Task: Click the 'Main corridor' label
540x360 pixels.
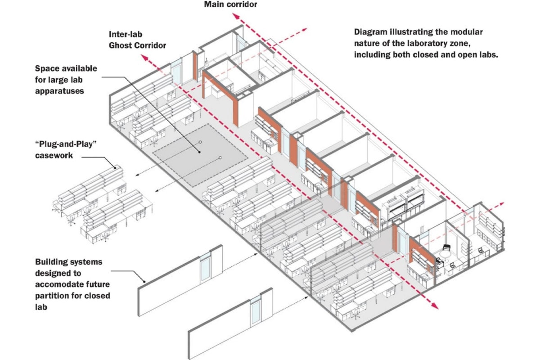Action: (230, 4)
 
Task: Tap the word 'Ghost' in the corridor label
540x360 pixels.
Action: (120, 45)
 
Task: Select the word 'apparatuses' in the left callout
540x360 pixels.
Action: (59, 91)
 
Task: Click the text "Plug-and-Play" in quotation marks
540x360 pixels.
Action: (66, 144)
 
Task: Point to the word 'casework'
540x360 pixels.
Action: (54, 156)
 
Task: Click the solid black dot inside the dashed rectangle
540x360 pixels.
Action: (200, 152)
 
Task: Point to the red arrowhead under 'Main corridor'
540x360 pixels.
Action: (236, 17)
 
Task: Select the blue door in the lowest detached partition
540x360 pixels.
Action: (255, 313)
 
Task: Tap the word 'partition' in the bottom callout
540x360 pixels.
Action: (52, 296)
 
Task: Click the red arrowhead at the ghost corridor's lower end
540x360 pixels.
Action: (435, 306)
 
